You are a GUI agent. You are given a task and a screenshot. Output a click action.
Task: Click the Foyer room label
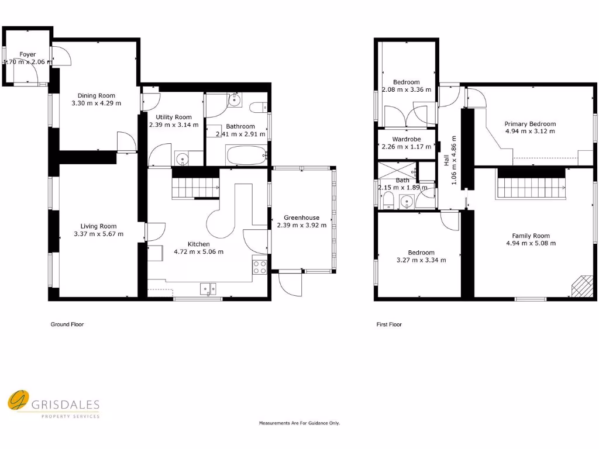(x=27, y=54)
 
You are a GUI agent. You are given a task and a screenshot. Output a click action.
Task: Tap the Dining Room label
(x=97, y=96)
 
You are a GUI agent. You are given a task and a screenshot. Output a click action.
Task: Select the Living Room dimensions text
(x=99, y=234)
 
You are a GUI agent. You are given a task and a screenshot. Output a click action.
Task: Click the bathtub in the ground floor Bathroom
(x=246, y=156)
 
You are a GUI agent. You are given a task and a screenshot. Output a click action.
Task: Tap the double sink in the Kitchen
(x=208, y=288)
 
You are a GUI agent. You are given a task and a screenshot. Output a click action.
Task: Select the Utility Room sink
(x=182, y=158)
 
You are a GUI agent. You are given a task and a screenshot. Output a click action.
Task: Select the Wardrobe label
(x=407, y=139)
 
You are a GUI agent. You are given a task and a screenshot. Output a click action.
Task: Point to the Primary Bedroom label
(x=531, y=124)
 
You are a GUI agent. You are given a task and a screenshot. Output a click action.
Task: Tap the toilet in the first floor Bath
(x=388, y=202)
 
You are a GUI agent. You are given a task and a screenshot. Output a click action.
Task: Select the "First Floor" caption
(x=389, y=324)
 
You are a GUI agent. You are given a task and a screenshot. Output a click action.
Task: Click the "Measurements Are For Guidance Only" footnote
(x=299, y=423)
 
